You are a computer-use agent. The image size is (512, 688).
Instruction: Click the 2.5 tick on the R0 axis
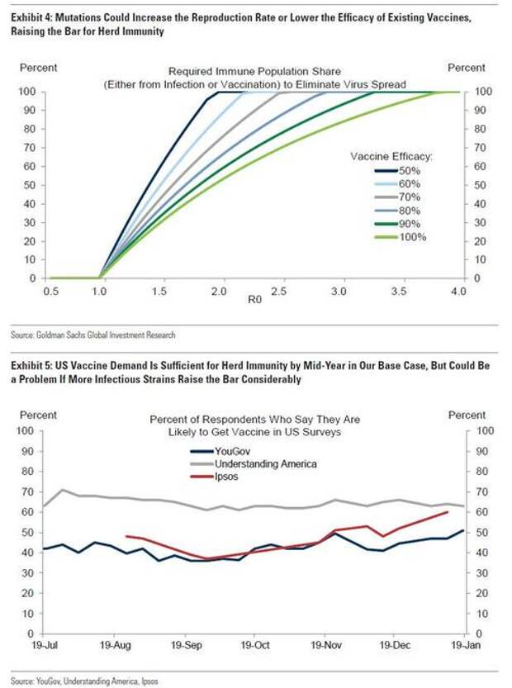pyautogui.click(x=280, y=292)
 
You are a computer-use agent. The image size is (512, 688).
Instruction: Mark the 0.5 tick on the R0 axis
pyautogui.click(x=50, y=292)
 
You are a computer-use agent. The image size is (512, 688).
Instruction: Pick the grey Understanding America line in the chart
pyautogui.click(x=248, y=508)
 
